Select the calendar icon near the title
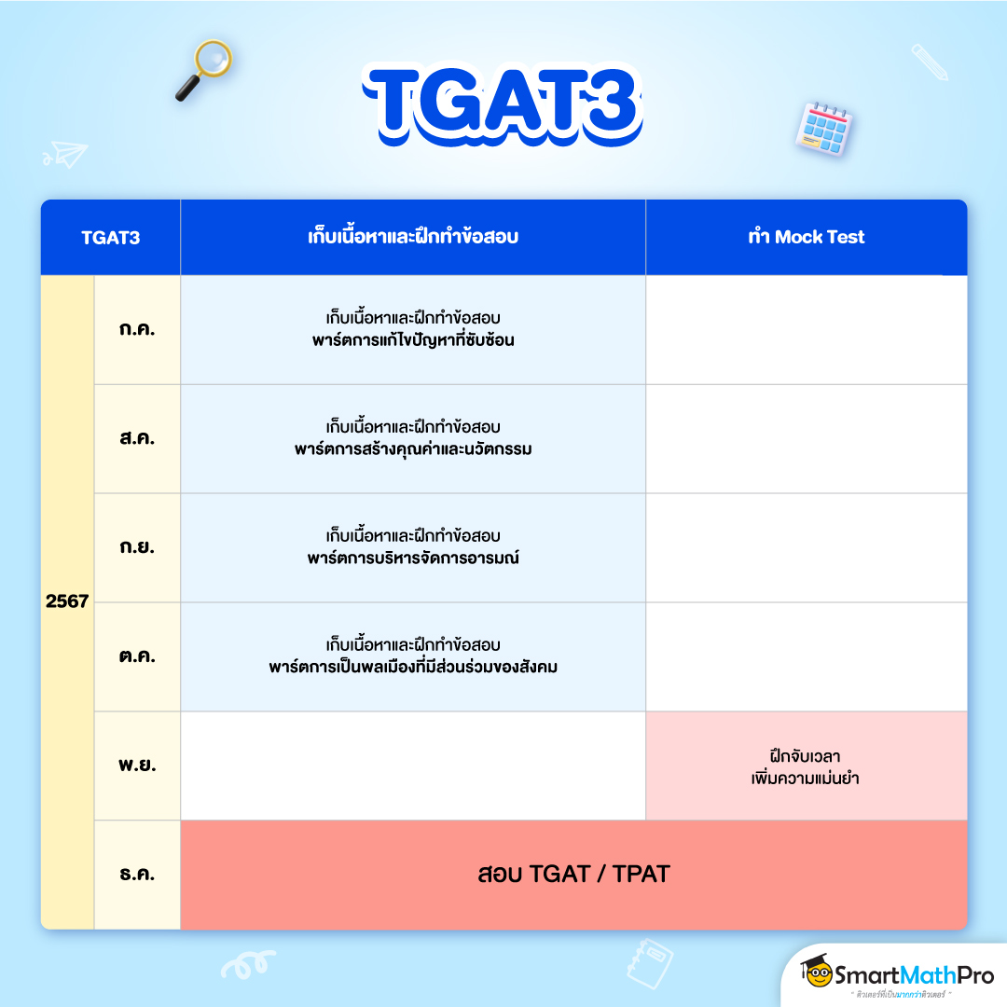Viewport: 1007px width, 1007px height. [x=824, y=129]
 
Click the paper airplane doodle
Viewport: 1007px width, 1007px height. [x=64, y=154]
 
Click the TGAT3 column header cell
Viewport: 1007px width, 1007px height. [x=110, y=238]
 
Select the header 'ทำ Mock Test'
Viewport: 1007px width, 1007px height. [x=806, y=238]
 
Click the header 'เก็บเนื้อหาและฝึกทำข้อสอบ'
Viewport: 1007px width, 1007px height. [x=412, y=238]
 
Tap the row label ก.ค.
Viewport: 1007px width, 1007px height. [x=137, y=330]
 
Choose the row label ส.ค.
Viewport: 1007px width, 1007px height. [x=137, y=439]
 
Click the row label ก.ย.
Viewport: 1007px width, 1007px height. [x=137, y=548]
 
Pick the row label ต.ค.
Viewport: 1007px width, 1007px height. [x=137, y=657]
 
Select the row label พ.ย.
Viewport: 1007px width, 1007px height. [x=137, y=766]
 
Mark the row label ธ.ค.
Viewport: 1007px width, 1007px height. [x=137, y=876]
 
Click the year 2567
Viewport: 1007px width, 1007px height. [x=67, y=601]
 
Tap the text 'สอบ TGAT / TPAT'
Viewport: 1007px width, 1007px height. [x=573, y=875]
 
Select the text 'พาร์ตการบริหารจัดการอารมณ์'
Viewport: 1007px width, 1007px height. [x=413, y=559]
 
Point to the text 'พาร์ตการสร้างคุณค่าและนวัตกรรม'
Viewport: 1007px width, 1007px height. [x=413, y=450]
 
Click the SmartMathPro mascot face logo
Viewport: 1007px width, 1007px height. [x=818, y=974]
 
